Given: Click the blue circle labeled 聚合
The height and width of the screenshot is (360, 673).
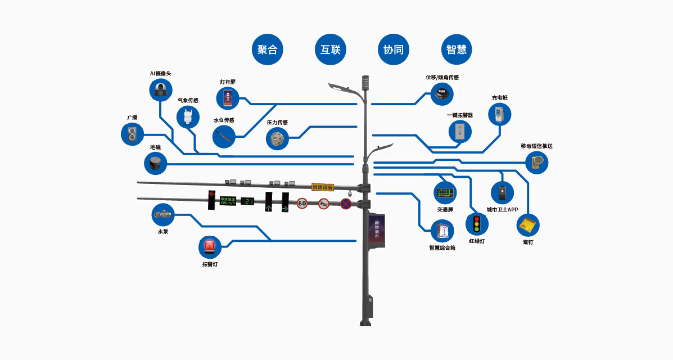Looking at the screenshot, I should tap(267, 49).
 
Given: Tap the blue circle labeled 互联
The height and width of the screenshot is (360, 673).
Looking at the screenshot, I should tap(330, 49).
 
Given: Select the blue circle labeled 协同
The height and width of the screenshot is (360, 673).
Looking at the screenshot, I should tap(393, 49).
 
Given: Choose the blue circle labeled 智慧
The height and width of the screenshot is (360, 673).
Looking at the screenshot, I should tap(456, 49).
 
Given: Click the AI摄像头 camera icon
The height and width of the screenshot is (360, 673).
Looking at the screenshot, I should tap(161, 89).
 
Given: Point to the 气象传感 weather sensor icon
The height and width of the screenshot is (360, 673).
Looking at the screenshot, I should tap(188, 117).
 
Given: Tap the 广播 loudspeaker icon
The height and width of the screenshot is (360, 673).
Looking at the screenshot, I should tap(133, 134).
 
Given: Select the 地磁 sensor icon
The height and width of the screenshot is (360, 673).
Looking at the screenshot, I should tap(156, 163).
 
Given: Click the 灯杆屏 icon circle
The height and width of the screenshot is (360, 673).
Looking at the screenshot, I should tap(228, 98).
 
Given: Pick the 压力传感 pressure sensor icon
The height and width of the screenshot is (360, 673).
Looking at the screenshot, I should tap(277, 138).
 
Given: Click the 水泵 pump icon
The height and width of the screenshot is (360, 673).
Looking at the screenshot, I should tap(164, 214).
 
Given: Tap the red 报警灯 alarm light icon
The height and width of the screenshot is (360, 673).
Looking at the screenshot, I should tap(210, 247).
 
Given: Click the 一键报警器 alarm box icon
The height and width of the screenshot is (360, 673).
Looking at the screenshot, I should tap(460, 132).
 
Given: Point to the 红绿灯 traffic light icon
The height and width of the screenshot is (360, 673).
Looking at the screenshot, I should tap(477, 224).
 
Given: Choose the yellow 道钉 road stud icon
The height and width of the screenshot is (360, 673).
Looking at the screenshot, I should tap(528, 225).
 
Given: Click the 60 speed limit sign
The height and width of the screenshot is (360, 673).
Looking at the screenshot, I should tap(302, 203).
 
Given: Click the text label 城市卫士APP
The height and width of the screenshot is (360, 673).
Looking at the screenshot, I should tap(502, 209).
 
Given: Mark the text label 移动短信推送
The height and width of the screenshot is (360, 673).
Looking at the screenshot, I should tap(536, 146).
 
